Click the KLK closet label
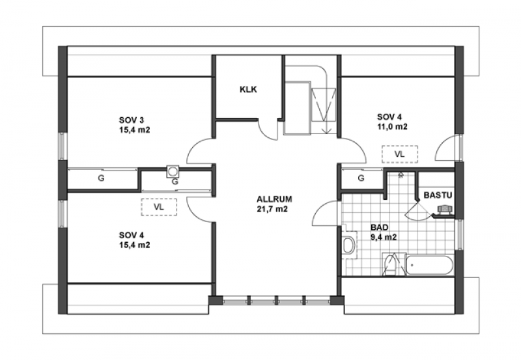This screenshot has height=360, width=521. tap(248, 89)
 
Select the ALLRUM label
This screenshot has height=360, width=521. tap(274, 199)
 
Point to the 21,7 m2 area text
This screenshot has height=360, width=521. tap(272, 209)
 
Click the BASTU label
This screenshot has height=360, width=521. tap(438, 195)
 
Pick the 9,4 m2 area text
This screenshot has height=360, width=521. tap(384, 238)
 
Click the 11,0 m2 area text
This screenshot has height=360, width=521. tap(392, 126)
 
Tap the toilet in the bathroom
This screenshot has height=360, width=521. tap(349, 245)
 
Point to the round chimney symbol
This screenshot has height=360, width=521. tap(173, 171)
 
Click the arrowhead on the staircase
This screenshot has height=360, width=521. tap(327, 130)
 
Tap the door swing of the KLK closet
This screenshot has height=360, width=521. tap(268, 128)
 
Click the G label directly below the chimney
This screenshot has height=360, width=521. tap(175, 182)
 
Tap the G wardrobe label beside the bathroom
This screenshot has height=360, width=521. tap(361, 178)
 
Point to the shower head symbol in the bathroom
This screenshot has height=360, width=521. tap(401, 174)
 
